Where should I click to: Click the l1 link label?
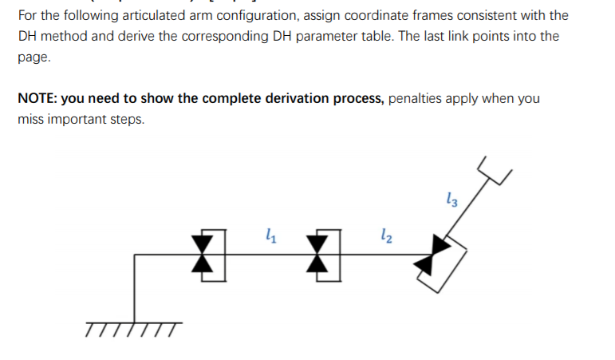(x=270, y=235)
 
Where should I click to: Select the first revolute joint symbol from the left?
(x=204, y=255)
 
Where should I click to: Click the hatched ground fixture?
(x=134, y=327)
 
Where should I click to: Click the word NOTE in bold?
(x=36, y=98)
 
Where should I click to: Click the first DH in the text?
(x=28, y=37)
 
